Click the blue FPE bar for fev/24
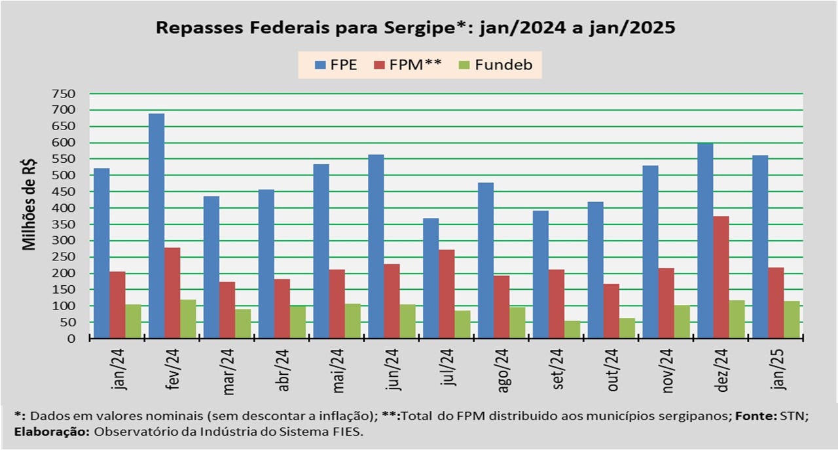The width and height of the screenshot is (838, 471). [156, 226]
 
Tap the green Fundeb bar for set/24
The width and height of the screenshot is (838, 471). [573, 330]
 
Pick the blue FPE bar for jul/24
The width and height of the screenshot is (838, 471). [431, 278]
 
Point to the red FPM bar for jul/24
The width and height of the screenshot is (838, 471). [446, 294]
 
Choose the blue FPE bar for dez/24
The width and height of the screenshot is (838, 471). [705, 241]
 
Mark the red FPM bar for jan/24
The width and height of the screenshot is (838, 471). [117, 305]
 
